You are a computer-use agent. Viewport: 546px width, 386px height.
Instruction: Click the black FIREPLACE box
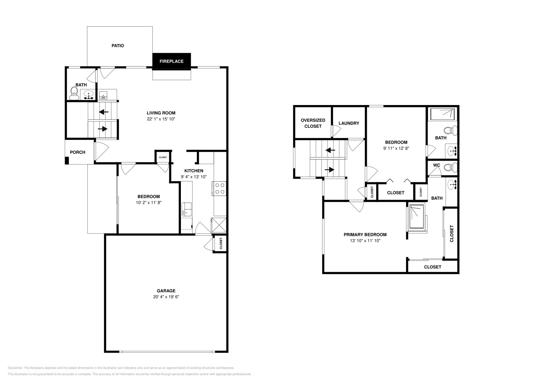171,61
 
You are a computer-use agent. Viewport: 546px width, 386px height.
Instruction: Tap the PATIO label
118,46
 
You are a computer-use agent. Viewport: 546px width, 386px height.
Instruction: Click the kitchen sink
186,209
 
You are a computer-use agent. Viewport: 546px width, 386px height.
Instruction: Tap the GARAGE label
166,291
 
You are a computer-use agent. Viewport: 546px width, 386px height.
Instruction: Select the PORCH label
77,152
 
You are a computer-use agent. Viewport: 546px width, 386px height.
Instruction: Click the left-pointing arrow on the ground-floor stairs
104,112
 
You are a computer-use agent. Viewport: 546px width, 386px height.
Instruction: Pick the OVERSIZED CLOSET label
313,123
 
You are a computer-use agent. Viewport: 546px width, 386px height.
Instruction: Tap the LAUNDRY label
349,123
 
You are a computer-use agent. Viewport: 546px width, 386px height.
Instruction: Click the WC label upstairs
436,165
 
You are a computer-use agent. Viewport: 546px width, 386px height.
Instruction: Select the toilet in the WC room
452,167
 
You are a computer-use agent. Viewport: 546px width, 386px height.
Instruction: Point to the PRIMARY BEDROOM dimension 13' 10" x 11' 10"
365,241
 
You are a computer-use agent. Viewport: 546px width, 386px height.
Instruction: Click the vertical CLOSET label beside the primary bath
452,234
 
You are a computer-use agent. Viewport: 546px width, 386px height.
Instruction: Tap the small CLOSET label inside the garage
221,243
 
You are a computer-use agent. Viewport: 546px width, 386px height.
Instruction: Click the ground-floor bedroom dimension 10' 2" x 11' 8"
148,203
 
